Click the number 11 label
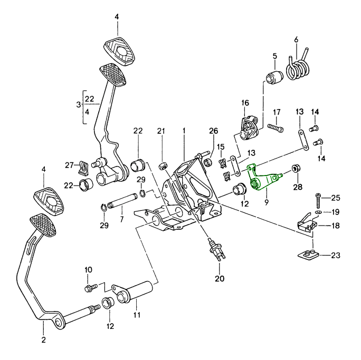pos(138,315)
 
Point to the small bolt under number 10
pos(88,288)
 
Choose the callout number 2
pos(44,339)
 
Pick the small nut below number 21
pos(162,166)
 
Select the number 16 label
pos(245,103)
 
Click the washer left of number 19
pos(318,212)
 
